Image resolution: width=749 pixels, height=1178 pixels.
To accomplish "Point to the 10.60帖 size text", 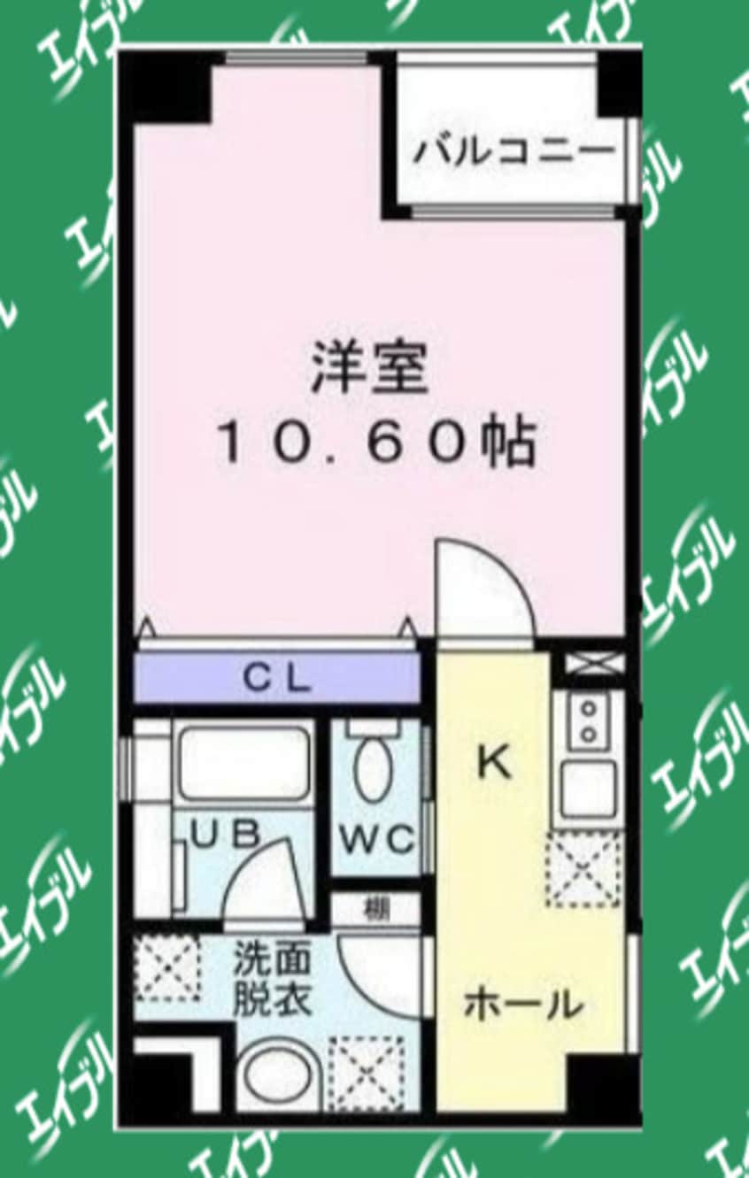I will tap(375, 443).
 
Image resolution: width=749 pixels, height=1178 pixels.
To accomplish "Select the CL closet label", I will tap(277, 680).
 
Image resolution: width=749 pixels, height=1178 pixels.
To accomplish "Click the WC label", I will tap(374, 837).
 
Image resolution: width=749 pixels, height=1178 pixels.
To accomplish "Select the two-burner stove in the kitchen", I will tap(586, 721).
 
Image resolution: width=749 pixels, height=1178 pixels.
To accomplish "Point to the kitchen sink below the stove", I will tap(586, 788).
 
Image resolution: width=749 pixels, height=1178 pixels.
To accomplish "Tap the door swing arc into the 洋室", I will tap(483, 589).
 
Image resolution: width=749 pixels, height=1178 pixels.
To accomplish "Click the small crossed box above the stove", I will tap(588, 663).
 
